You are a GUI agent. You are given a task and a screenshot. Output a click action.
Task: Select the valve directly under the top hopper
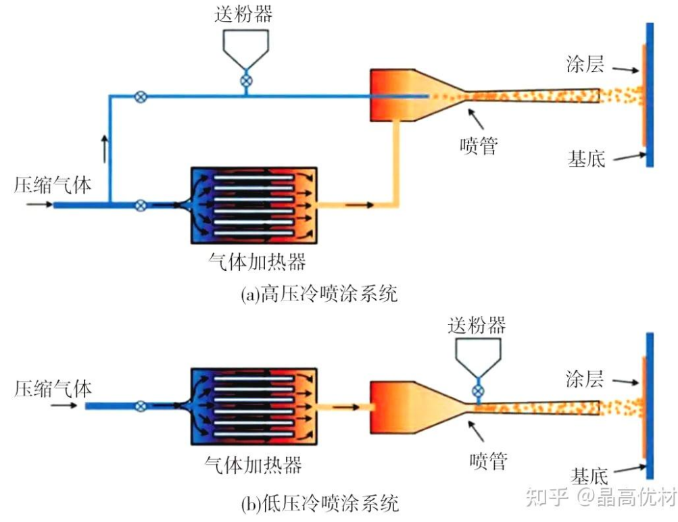[x=247, y=82]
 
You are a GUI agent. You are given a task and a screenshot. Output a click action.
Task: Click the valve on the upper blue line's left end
[x=141, y=97]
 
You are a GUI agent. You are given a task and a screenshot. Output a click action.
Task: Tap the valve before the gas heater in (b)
[x=141, y=406]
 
